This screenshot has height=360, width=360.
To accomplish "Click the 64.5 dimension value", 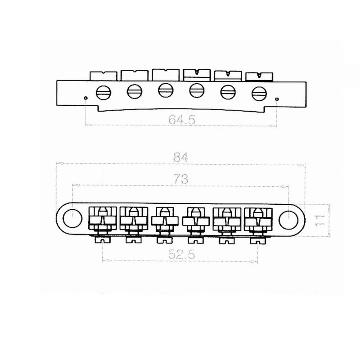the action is point(182,120).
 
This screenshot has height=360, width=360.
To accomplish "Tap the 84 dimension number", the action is point(180,157).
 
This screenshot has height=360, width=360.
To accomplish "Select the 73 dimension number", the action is point(181,179).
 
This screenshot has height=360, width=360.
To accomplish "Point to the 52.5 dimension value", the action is point(182,254).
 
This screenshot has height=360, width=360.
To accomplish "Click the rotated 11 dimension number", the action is point(319,220).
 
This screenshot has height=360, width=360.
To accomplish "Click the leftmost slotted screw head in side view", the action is point(103,93).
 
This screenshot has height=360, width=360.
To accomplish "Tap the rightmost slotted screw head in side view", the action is point(259,94).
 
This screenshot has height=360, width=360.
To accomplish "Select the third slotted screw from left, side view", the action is point(166,90).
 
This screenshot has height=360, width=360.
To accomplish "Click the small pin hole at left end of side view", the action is point(85,98).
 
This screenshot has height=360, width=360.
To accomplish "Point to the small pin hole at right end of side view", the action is point(277,99).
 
